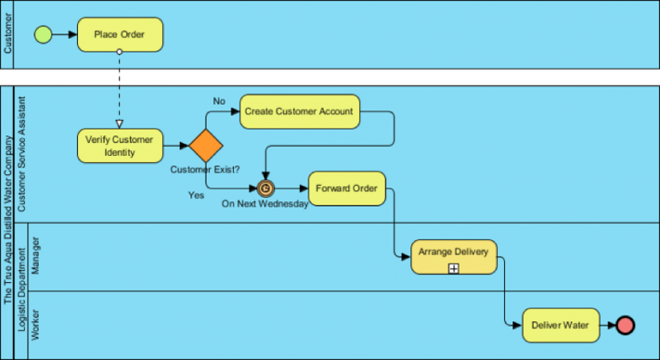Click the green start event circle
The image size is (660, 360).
[43, 34]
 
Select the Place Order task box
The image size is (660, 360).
[119, 34]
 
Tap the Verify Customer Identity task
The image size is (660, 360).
[120, 146]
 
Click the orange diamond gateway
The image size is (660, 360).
[206, 146]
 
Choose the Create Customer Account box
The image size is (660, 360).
[299, 111]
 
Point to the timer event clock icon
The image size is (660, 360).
[266, 189]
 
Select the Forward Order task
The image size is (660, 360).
[346, 189]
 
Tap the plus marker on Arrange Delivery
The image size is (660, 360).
[453, 268]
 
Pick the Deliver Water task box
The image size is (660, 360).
[560, 326]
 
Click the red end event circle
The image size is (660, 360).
[626, 326]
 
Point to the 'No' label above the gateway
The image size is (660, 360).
[219, 101]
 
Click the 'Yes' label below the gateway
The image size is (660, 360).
[195, 195]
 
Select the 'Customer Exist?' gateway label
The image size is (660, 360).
[205, 170]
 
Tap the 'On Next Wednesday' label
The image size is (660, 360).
[265, 205]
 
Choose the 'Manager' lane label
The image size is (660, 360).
[35, 256]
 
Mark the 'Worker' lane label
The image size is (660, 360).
[35, 325]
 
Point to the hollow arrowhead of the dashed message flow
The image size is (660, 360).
[119, 122]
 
